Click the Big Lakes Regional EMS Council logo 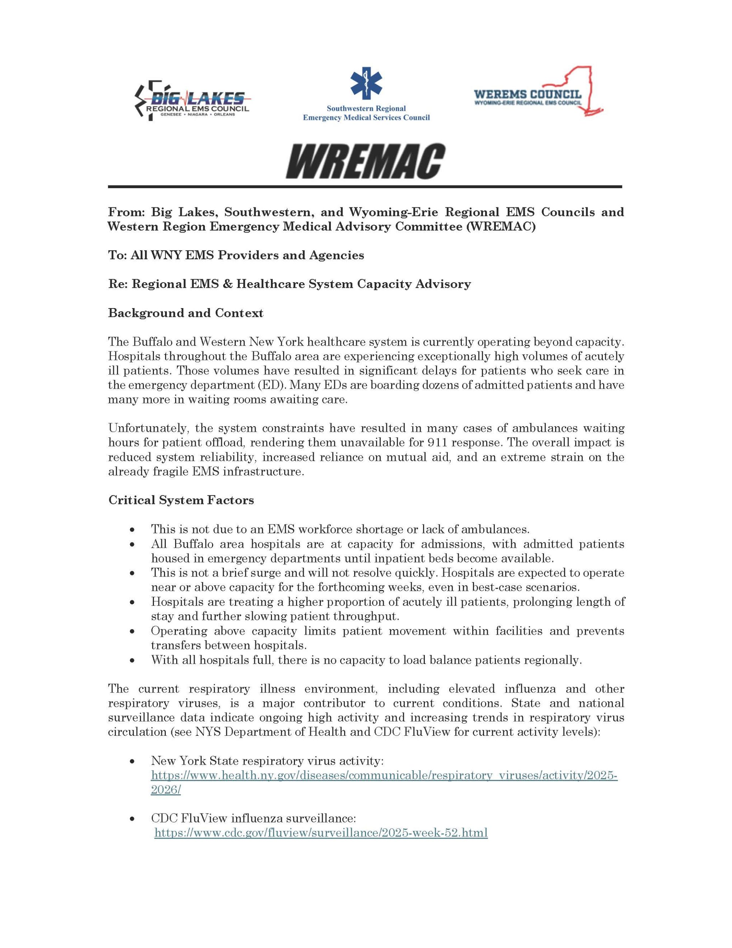[192, 100]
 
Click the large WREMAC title [365, 161]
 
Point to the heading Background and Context [185, 313]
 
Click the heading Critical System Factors [181, 500]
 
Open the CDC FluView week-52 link [321, 833]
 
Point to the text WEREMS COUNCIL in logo [528, 94]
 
